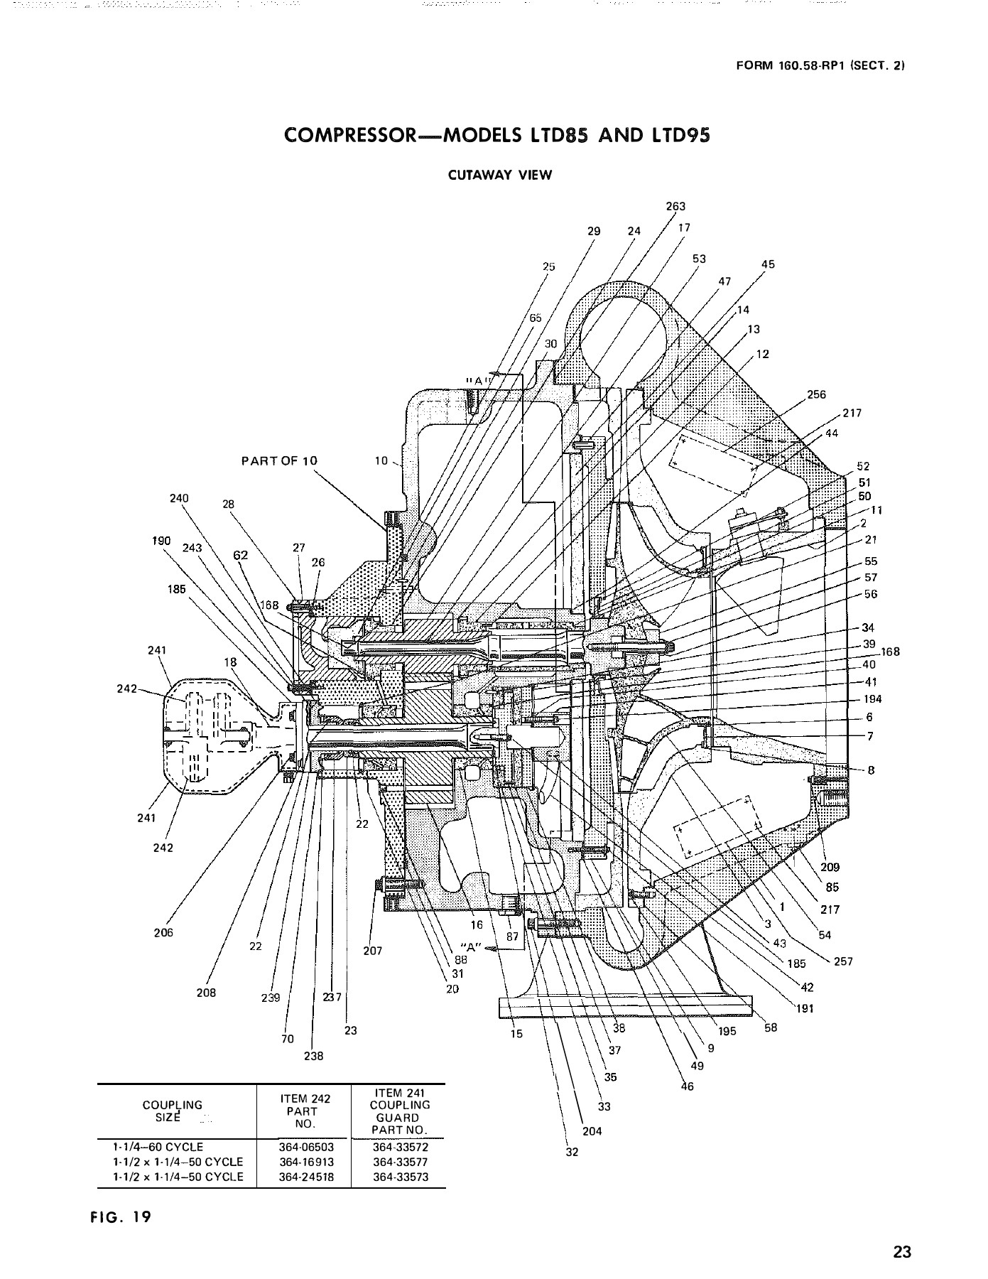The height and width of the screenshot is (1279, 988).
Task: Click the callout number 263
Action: [x=675, y=207]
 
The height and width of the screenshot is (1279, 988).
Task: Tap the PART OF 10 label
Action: [x=279, y=460]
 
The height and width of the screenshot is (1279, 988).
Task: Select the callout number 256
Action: [x=817, y=395]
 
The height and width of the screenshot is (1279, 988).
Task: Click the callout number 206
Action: [x=163, y=933]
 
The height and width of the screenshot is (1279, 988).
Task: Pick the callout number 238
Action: [x=313, y=1056]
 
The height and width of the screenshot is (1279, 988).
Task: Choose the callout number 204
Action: [x=592, y=1131]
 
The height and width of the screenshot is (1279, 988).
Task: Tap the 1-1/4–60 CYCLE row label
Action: [x=158, y=1148]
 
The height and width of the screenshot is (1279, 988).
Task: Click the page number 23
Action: [x=902, y=1252]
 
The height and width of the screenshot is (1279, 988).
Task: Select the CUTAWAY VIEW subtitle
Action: [x=499, y=176]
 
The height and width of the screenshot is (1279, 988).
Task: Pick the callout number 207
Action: [x=372, y=951]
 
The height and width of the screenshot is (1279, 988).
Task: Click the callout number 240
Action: [x=179, y=498]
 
